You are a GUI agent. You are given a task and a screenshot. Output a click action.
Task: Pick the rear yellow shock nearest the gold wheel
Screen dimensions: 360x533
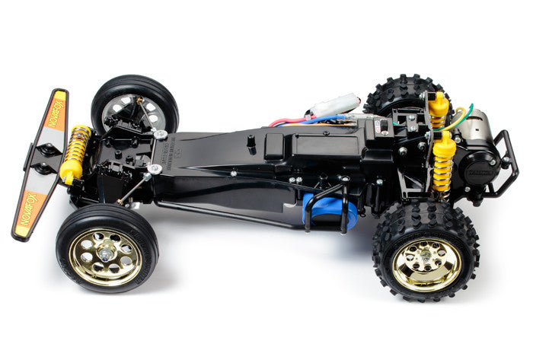pos(443,164)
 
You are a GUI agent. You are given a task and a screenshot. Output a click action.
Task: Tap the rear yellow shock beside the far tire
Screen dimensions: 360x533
pos(438,107)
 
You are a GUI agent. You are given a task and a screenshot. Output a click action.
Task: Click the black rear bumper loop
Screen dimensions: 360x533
pos(506,164)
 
